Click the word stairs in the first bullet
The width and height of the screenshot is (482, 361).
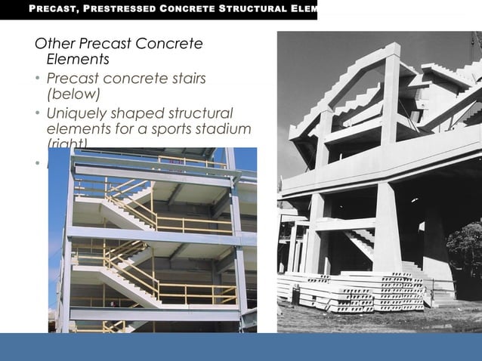coord(179,79)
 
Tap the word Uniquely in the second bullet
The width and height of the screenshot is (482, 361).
coord(77,113)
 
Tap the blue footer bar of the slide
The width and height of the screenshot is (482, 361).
coord(241,347)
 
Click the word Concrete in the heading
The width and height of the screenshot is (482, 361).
coord(173,44)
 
